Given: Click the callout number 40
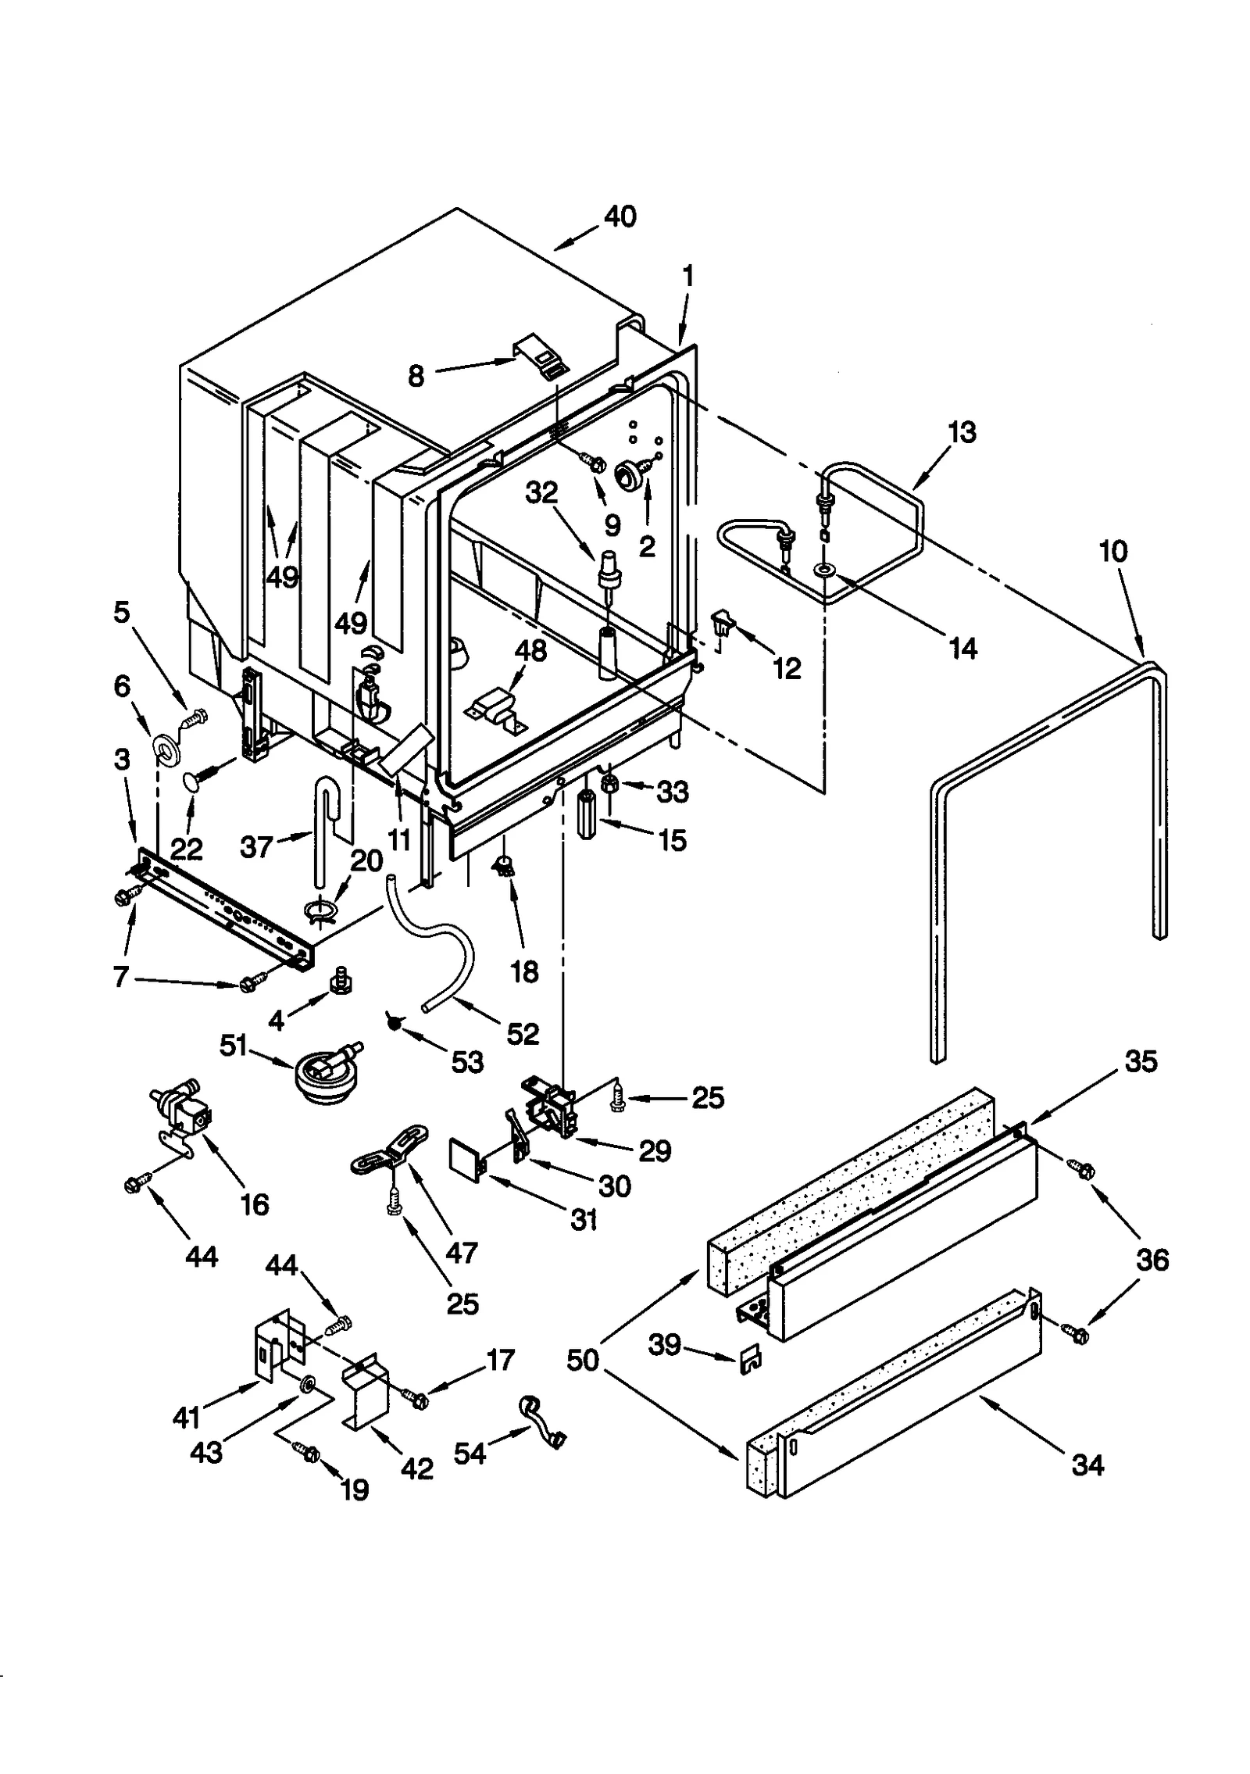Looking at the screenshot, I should (620, 216).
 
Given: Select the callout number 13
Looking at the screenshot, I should (962, 432).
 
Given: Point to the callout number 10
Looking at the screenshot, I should (1112, 552).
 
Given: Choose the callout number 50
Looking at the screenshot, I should (583, 1360).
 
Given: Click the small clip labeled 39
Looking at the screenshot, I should (748, 1359).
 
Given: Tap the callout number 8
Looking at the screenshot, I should (416, 376).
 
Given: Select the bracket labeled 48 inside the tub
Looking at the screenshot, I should (497, 706).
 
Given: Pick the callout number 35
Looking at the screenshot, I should (1140, 1061).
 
